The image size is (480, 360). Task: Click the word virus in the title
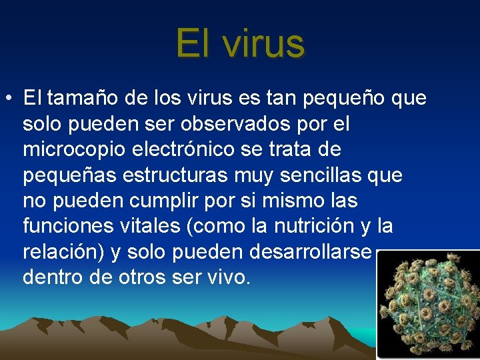click(264, 44)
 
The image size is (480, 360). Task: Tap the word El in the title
click(194, 43)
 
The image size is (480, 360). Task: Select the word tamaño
click(81, 99)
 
